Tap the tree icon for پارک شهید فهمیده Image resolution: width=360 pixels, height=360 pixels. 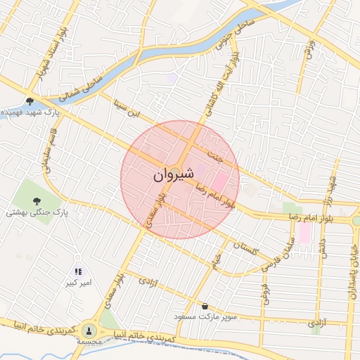(30, 101)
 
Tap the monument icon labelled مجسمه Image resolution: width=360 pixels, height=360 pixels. (89, 330)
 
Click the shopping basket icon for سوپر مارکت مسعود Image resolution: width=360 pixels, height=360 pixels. (205, 307)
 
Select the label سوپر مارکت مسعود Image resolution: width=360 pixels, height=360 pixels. (205, 318)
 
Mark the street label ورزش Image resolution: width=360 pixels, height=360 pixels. (308, 49)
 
